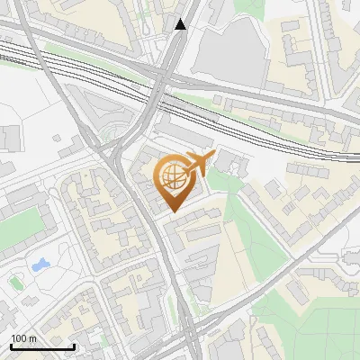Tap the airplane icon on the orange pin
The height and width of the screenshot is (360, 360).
[x=198, y=163]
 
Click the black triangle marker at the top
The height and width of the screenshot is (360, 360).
[x=181, y=24]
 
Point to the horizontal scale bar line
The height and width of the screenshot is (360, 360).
[x=42, y=346]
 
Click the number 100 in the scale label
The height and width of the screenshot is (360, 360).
[x=20, y=338]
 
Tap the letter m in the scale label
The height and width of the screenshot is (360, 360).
[x=32, y=338]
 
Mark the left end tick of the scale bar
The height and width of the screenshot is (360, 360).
[x=11, y=346]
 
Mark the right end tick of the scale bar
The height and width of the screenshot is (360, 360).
[x=74, y=346]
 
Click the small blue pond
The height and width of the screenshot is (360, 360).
[x=40, y=265]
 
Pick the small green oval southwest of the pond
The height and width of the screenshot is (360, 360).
[x=15, y=283]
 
